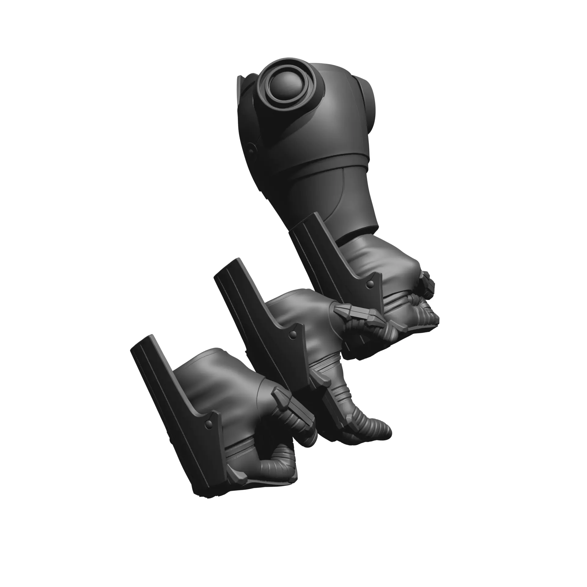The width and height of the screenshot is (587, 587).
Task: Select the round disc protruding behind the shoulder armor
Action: tap(369, 104)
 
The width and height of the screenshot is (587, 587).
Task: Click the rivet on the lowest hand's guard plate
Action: tap(208, 423)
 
